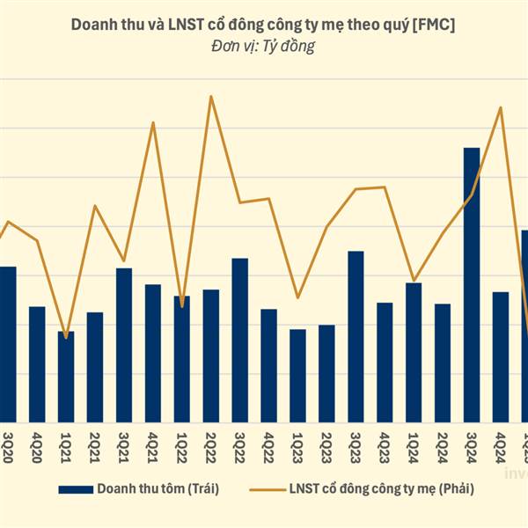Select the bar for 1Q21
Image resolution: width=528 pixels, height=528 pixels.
click(66, 377)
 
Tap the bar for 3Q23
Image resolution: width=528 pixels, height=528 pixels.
click(356, 337)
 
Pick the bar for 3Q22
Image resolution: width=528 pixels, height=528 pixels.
click(239, 341)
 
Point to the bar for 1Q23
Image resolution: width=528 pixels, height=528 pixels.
click(297, 376)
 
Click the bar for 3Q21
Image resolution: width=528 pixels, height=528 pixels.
click(124, 345)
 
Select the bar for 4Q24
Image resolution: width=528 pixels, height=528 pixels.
click(501, 357)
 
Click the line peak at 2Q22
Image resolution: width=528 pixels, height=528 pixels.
click(210, 96)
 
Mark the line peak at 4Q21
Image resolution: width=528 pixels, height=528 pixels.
click(153, 122)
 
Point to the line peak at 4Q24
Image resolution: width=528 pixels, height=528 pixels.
click(501, 108)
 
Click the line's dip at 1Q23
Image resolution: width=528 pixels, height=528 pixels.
click(297, 297)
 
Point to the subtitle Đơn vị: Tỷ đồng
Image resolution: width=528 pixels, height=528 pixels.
click(263, 47)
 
